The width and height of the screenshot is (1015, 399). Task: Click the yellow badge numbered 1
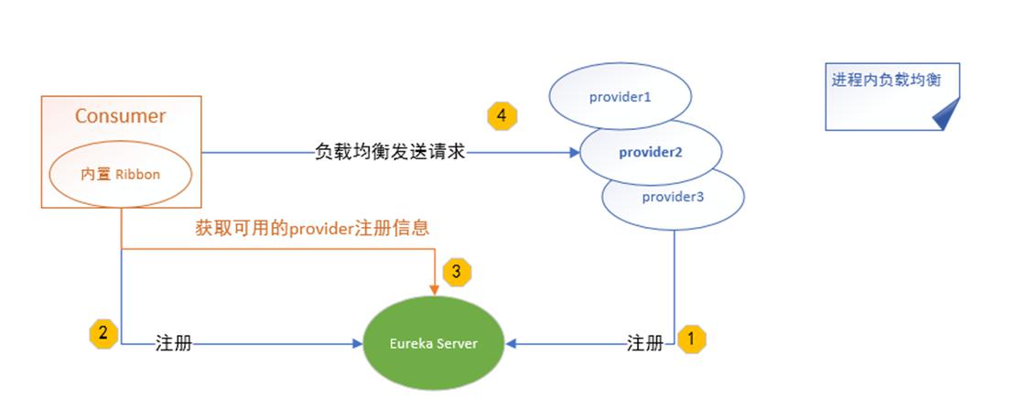click(692, 339)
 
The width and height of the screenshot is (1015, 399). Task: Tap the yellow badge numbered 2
click(103, 333)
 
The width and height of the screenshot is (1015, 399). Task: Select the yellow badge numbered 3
click(457, 272)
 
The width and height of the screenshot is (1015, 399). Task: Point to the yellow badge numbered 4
click(502, 116)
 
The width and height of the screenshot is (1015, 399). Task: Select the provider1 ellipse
click(620, 95)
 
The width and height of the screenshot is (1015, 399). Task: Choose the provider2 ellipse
click(651, 152)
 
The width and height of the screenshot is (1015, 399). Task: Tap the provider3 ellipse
click(673, 197)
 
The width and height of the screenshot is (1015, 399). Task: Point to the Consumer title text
click(120, 116)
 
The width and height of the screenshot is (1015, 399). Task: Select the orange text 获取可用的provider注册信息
click(312, 228)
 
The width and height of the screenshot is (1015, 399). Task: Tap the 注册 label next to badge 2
click(174, 345)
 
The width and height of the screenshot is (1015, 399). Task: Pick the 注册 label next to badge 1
click(645, 344)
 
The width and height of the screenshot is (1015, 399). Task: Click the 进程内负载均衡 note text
click(885, 80)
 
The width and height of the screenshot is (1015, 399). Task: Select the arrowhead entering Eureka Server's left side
click(359, 345)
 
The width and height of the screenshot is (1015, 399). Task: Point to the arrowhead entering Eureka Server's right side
click(510, 344)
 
